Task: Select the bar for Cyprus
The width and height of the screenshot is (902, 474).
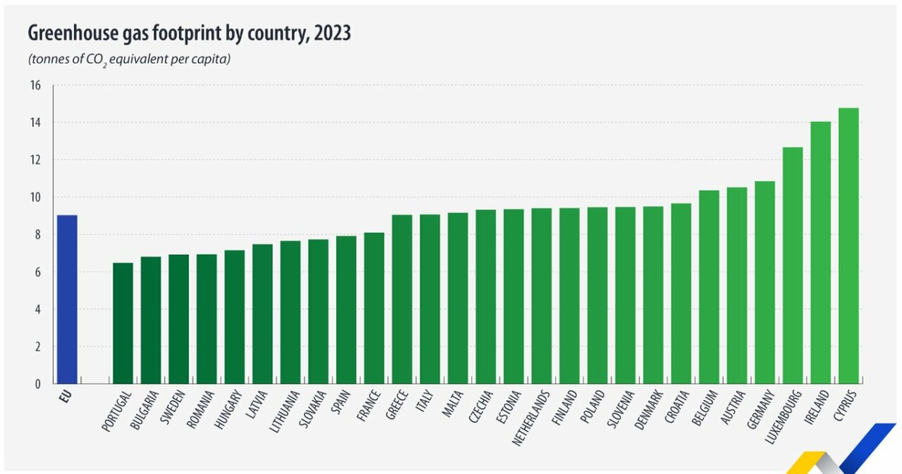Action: (848, 246)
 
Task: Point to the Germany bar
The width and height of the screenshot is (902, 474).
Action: (765, 283)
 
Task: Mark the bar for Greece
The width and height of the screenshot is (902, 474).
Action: (402, 300)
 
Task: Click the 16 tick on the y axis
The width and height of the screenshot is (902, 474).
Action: (35, 85)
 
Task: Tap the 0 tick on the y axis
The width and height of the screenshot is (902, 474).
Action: (38, 384)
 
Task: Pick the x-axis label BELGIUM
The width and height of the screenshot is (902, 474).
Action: (705, 408)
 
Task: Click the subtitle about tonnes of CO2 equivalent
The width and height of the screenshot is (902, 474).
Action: (130, 59)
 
